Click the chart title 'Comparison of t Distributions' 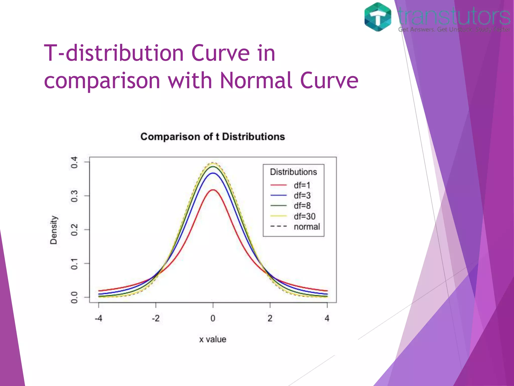(x=213, y=137)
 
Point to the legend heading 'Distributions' (x=293, y=172)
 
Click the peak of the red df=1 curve (x=213, y=190)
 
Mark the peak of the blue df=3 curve (x=213, y=173)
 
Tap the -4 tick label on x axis (x=98, y=318)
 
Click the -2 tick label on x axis (x=156, y=318)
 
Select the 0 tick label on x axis (x=213, y=318)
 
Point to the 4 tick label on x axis (x=327, y=318)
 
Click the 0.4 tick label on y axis (x=74, y=162)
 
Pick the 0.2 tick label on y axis (x=74, y=230)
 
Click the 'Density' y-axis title (x=54, y=230)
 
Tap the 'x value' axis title (x=213, y=340)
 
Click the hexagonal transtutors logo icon (x=378, y=17)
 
